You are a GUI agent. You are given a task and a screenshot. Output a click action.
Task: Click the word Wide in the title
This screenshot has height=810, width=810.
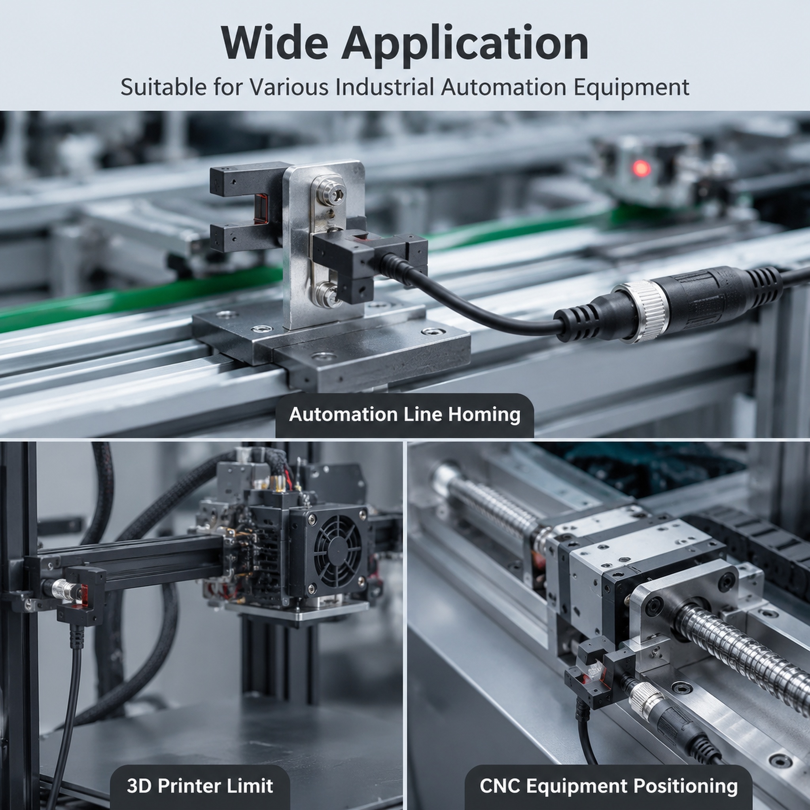pos(274,43)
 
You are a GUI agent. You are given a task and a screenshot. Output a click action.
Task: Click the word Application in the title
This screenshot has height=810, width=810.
pos(465,46)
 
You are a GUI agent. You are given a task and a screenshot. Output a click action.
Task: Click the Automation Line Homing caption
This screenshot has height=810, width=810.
pos(405,414)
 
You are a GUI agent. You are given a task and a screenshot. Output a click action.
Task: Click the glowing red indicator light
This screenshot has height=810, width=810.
pos(641,168)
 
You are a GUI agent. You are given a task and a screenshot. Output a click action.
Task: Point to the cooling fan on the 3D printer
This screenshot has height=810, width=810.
pos(338,552)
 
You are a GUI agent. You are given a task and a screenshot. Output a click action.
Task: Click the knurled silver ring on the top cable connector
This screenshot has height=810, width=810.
pos(647,311)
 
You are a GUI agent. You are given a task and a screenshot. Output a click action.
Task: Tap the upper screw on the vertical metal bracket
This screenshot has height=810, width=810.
pos(329,191)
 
